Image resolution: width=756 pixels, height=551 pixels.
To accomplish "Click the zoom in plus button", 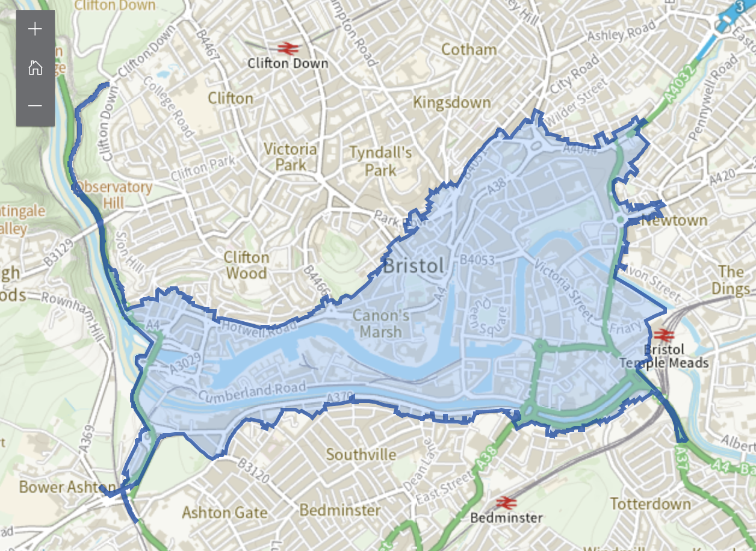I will tap(35, 29).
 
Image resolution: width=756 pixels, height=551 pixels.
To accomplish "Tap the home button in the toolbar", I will tap(35, 67).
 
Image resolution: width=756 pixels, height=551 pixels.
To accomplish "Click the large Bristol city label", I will tap(415, 265).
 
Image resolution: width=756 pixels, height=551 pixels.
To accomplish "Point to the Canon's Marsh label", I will tap(381, 323).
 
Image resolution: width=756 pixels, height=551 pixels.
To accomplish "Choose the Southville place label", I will tap(361, 454).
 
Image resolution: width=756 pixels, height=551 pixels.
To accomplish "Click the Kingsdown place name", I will tap(451, 103).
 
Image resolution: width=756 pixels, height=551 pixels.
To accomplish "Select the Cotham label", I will tap(469, 49).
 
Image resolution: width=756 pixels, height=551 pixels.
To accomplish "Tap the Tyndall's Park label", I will tap(380, 161).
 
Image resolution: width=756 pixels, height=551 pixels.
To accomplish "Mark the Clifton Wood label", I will tap(246, 265).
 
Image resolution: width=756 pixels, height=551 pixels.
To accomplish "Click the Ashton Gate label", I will tap(225, 513).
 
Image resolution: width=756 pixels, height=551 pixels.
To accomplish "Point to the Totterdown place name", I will tap(650, 503).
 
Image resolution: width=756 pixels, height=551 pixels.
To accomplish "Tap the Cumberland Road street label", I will tap(252, 392).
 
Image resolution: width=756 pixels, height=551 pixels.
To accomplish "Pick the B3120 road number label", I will tap(253, 472).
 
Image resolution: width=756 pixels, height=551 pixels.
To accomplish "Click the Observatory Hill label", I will tap(114, 194).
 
